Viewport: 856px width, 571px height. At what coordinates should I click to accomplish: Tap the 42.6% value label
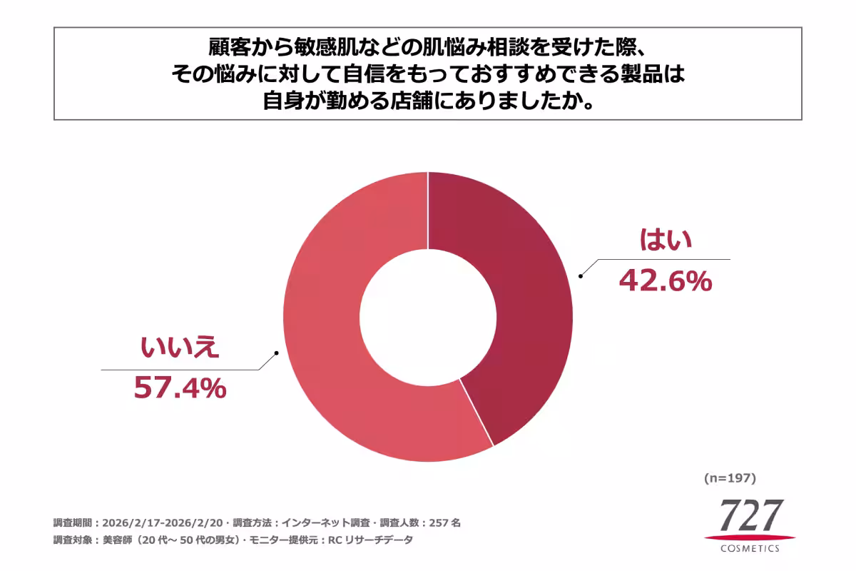(665, 281)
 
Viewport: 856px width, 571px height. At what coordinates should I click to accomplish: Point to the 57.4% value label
(180, 388)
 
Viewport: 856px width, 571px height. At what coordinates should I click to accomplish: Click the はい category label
(665, 241)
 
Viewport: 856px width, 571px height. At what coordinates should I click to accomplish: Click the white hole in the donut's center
(428, 318)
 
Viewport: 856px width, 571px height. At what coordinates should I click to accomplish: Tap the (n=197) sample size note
(730, 477)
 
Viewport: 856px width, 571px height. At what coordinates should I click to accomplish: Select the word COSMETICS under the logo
(750, 548)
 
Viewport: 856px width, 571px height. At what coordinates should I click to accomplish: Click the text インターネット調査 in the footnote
(326, 522)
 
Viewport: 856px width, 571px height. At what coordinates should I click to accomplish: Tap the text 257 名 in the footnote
(445, 522)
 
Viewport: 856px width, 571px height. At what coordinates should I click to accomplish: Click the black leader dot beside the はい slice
(581, 276)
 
